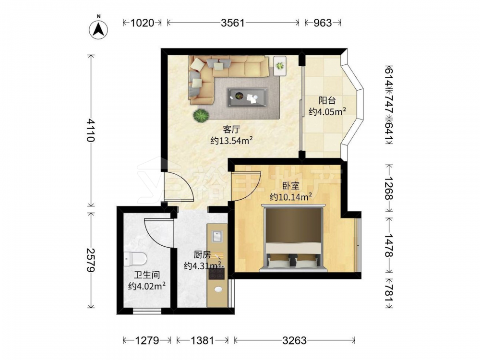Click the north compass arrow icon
pos(98,29)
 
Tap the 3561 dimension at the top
pos(233,23)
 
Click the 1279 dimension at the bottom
pos(147,340)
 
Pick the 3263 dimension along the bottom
pos(294,340)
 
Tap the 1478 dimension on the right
pos(389,245)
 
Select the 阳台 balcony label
pos(327,100)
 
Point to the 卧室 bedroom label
pos(290,185)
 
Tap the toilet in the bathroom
pos(135,259)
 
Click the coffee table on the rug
pos(247,97)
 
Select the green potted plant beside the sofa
pos(201,116)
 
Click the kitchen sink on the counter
pos(217,236)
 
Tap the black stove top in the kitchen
pos(217,272)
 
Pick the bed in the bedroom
pos(293,238)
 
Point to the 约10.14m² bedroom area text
pos(291,197)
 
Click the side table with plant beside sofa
pos(280,66)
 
